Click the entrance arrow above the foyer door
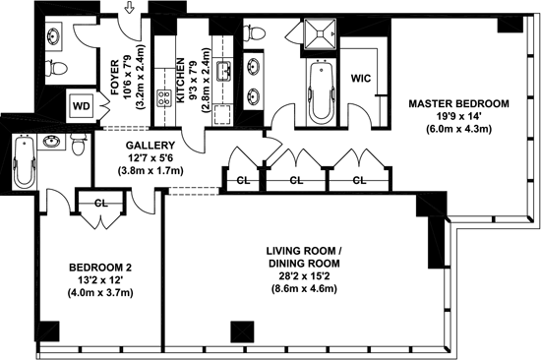pos(130,8)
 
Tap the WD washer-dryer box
pos(82,105)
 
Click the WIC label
pos(361,79)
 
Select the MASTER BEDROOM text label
pos(458,103)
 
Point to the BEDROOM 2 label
pos(100,268)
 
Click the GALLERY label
pos(150,146)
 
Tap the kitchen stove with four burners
pos(164,98)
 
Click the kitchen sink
pos(223,72)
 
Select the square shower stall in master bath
pos(320,33)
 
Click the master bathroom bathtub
pos(322,91)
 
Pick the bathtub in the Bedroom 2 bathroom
pos(25,162)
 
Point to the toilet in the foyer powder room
pos(56,69)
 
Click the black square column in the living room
pos(242,332)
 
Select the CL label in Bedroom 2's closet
pos(101,204)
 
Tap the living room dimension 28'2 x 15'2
pos(304,276)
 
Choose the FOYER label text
pos(115,78)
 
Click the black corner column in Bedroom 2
pos(50,331)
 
